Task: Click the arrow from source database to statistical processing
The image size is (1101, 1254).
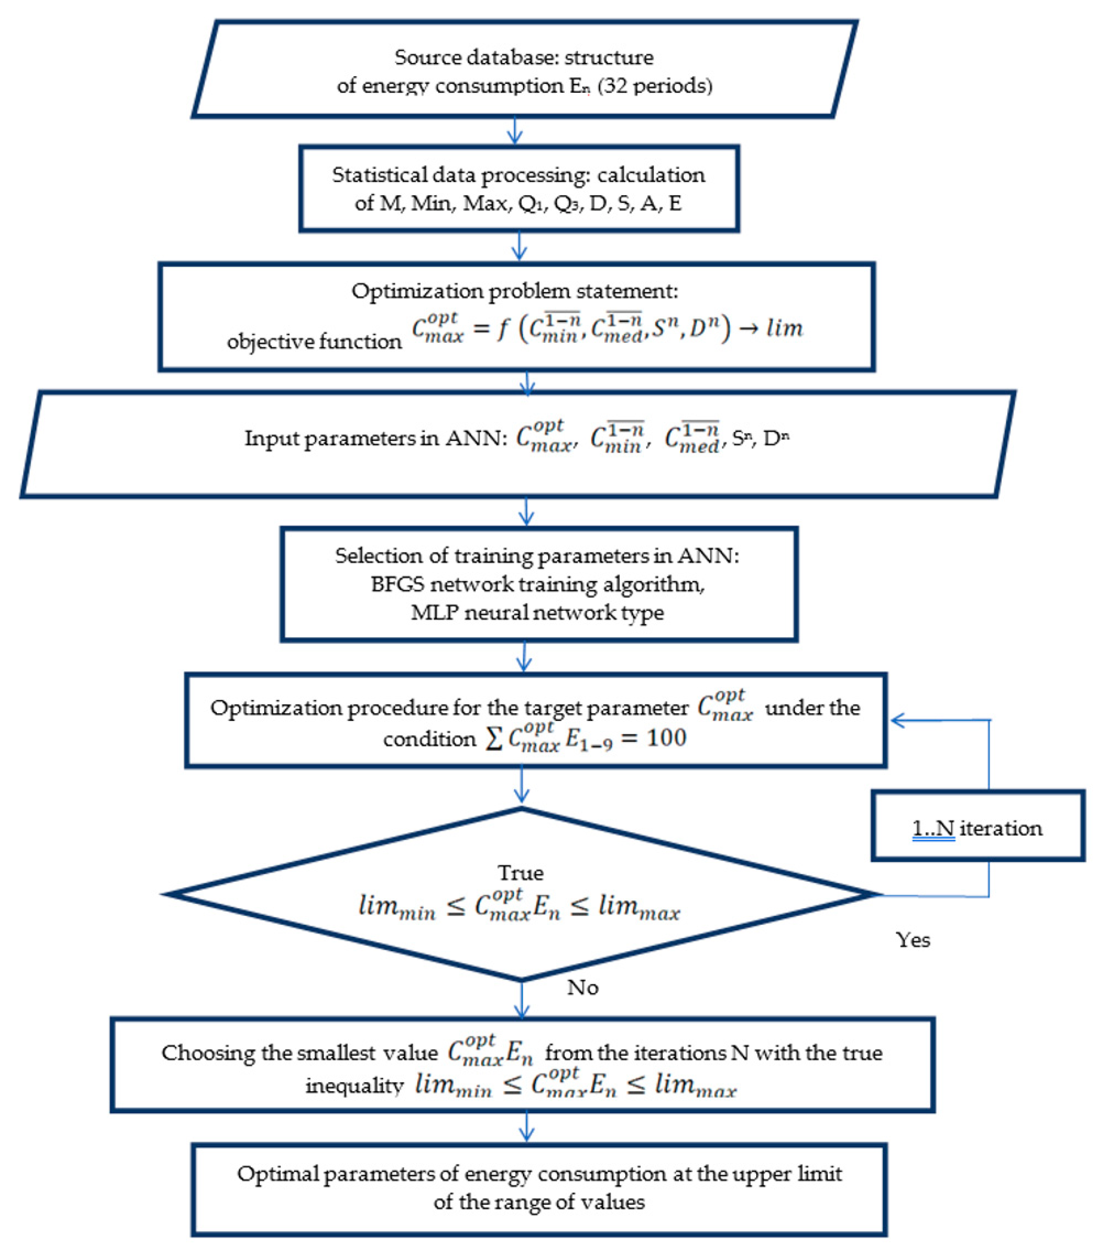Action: coord(516,131)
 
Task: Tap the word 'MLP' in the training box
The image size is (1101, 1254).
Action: coord(434,612)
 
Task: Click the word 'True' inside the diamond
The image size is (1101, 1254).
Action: coord(521,872)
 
